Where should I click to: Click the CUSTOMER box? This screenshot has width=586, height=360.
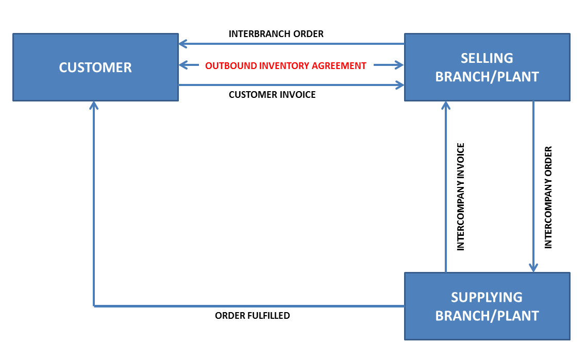tap(95, 67)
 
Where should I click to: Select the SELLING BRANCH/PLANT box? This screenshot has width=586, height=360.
tap(487, 67)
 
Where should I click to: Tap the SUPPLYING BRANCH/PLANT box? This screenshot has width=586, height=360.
tap(487, 306)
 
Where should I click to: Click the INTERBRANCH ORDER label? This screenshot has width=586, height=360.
tap(276, 34)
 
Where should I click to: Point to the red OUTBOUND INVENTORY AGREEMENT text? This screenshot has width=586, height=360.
tap(286, 66)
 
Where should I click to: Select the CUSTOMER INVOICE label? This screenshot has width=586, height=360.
tap(272, 95)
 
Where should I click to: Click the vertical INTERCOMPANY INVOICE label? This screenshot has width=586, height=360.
tap(461, 197)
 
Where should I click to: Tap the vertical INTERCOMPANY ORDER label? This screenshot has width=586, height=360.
tap(548, 197)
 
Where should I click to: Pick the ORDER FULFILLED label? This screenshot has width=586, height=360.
tap(253, 315)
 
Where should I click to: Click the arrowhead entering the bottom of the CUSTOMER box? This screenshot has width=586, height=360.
tap(94, 105)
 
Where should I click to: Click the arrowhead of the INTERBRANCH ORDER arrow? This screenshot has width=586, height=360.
tap(183, 44)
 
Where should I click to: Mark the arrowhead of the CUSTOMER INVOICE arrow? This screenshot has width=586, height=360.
tap(400, 85)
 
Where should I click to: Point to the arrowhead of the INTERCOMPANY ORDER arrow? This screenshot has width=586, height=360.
tap(533, 268)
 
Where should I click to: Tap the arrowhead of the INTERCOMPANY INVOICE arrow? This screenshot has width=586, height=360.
tap(446, 105)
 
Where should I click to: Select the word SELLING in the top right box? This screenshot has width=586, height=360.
tap(487, 58)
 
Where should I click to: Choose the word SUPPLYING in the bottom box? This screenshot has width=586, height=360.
tap(487, 297)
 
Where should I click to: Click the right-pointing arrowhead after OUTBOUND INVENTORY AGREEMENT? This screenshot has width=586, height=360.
tap(399, 65)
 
